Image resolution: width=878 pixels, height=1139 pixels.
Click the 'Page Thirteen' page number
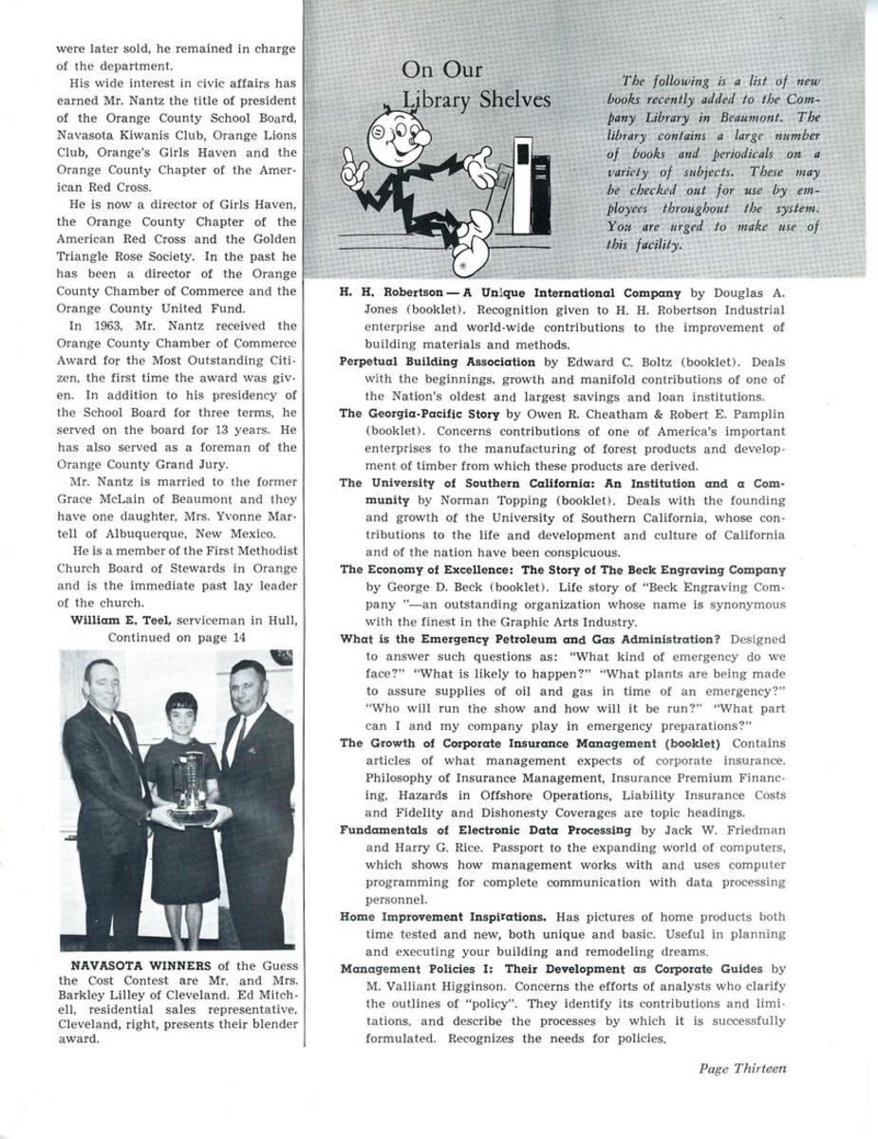[x=742, y=1068]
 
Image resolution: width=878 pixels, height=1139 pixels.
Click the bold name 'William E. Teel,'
[x=121, y=621]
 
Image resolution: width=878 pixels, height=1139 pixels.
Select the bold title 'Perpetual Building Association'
[x=437, y=362]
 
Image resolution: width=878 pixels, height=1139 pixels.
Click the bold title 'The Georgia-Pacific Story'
[x=415, y=414]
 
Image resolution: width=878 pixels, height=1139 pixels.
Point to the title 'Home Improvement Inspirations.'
[x=442, y=917]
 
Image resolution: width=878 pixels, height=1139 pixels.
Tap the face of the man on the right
[x=249, y=683]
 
